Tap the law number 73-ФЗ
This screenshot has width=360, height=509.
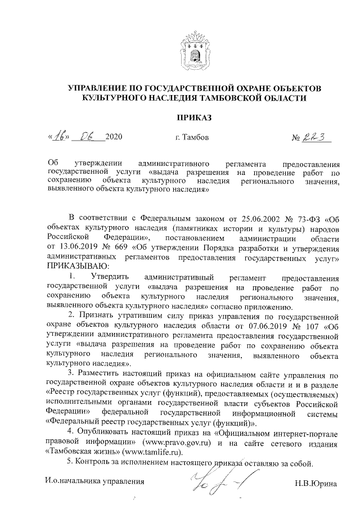point(307,218)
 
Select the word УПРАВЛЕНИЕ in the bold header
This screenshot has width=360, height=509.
point(100,88)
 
